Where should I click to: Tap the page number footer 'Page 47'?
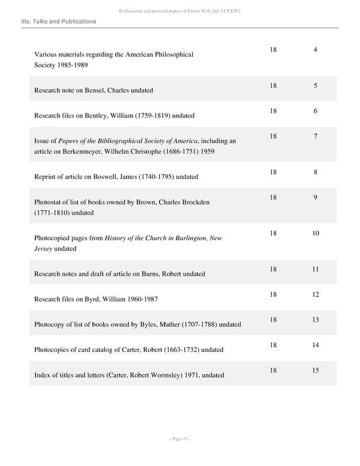(180, 440)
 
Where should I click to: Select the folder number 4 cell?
(315, 49)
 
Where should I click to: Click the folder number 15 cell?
(315, 371)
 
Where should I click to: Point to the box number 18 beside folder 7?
(273, 137)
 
